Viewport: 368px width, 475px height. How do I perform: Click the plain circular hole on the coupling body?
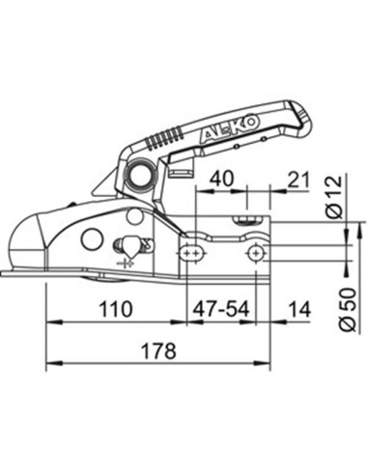[92, 237]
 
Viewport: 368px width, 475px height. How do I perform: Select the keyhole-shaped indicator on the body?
[125, 247]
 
